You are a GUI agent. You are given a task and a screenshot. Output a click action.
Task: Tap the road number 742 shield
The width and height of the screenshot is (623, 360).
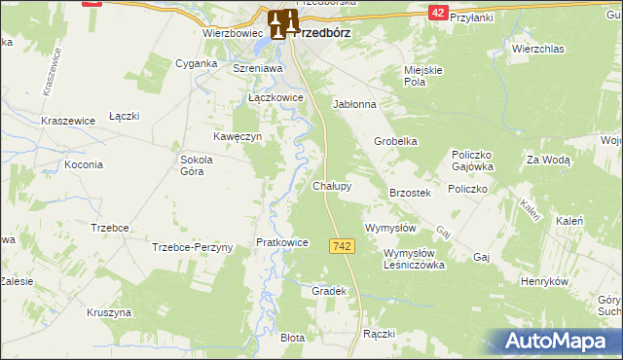[x=341, y=247]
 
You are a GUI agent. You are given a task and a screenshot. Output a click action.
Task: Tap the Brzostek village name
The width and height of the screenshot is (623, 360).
[x=410, y=193]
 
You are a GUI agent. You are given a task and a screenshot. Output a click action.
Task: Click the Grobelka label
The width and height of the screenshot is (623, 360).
[x=396, y=141]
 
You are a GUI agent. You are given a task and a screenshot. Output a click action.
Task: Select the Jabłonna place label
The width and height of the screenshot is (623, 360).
[x=353, y=103]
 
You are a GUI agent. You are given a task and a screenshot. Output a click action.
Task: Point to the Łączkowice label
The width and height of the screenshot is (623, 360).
[x=276, y=98]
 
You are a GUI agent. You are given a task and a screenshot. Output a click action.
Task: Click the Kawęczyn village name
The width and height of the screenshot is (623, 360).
[x=238, y=137]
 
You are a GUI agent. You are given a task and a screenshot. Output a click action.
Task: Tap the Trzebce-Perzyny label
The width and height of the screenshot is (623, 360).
[x=193, y=247]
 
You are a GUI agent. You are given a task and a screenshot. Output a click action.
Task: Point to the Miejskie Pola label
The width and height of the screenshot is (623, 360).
[x=423, y=76]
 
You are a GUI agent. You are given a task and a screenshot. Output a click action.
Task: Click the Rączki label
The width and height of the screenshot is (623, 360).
[x=378, y=334]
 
